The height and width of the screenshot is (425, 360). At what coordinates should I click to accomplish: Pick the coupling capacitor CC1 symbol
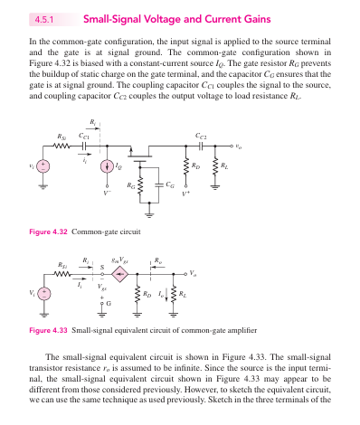[84, 146]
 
